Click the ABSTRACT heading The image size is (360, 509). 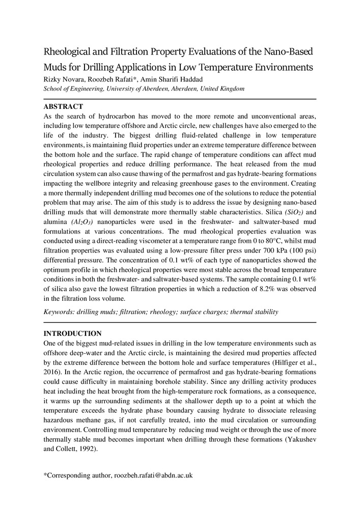click(x=63, y=107)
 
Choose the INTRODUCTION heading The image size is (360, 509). click(x=72, y=333)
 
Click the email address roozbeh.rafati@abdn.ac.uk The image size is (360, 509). click(x=153, y=475)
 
